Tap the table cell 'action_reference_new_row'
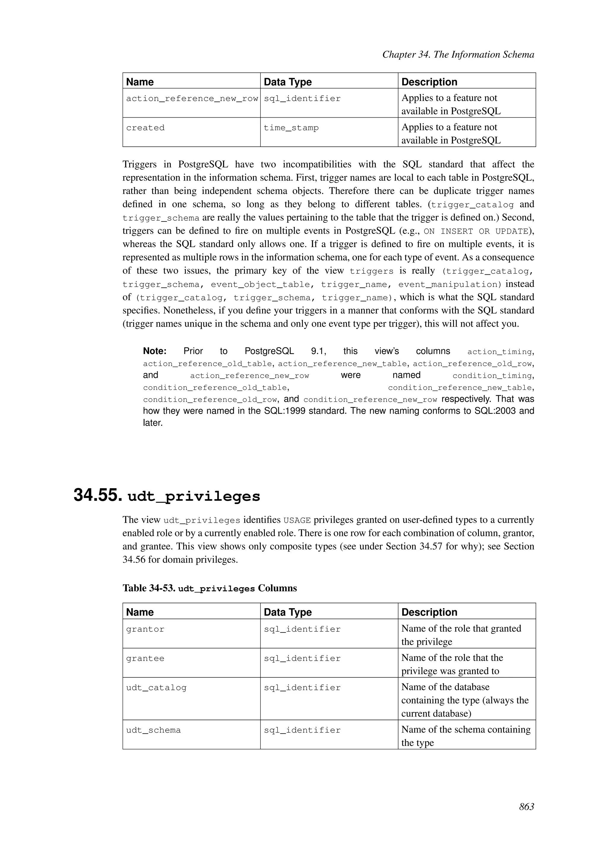[x=192, y=99]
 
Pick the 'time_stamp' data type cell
[x=291, y=128]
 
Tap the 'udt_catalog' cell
[x=156, y=687]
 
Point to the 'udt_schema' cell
[x=153, y=730]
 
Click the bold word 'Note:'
[x=155, y=351]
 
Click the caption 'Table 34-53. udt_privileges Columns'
[x=210, y=588]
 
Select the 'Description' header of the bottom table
[x=429, y=612]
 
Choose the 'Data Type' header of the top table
[x=288, y=82]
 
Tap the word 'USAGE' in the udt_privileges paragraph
[x=297, y=520]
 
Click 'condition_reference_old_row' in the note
[x=210, y=400]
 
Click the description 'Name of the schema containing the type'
[x=465, y=736]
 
